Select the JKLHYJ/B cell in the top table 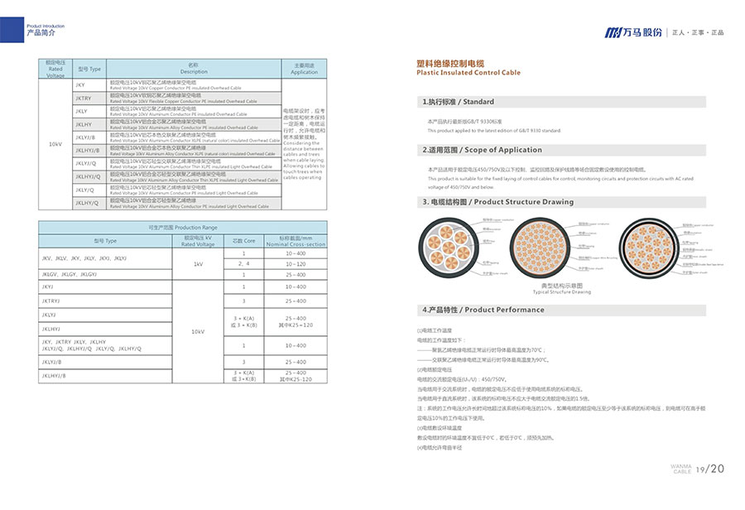pos(88,150)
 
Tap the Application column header pos(304,69)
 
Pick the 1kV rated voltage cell pos(198,264)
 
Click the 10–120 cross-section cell pos(295,263)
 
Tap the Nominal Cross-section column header pos(295,241)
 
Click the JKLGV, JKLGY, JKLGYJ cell pos(70,274)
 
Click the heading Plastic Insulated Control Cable pos(469,73)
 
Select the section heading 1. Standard pos(458,102)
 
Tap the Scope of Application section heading pos(482,150)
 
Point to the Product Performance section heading pos(483,310)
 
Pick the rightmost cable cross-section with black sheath pos(649,248)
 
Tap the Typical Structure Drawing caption pos(561,291)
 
